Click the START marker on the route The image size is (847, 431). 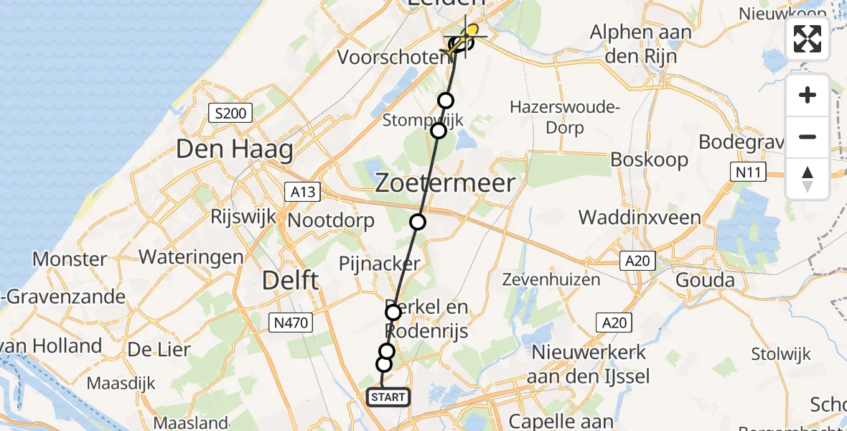[388, 397]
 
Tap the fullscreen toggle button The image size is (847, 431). [808, 39]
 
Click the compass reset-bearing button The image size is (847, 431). [808, 179]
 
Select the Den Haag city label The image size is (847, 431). [235, 150]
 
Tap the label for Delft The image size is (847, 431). [290, 280]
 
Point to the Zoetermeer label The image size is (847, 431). [445, 183]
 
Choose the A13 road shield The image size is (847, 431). [305, 192]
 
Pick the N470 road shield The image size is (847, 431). [291, 323]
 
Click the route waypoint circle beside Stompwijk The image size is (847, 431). [438, 130]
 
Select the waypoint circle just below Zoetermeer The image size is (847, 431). [418, 222]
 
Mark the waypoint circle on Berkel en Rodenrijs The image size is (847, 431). [393, 312]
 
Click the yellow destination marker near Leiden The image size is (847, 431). [472, 31]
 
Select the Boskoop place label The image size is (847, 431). [649, 159]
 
